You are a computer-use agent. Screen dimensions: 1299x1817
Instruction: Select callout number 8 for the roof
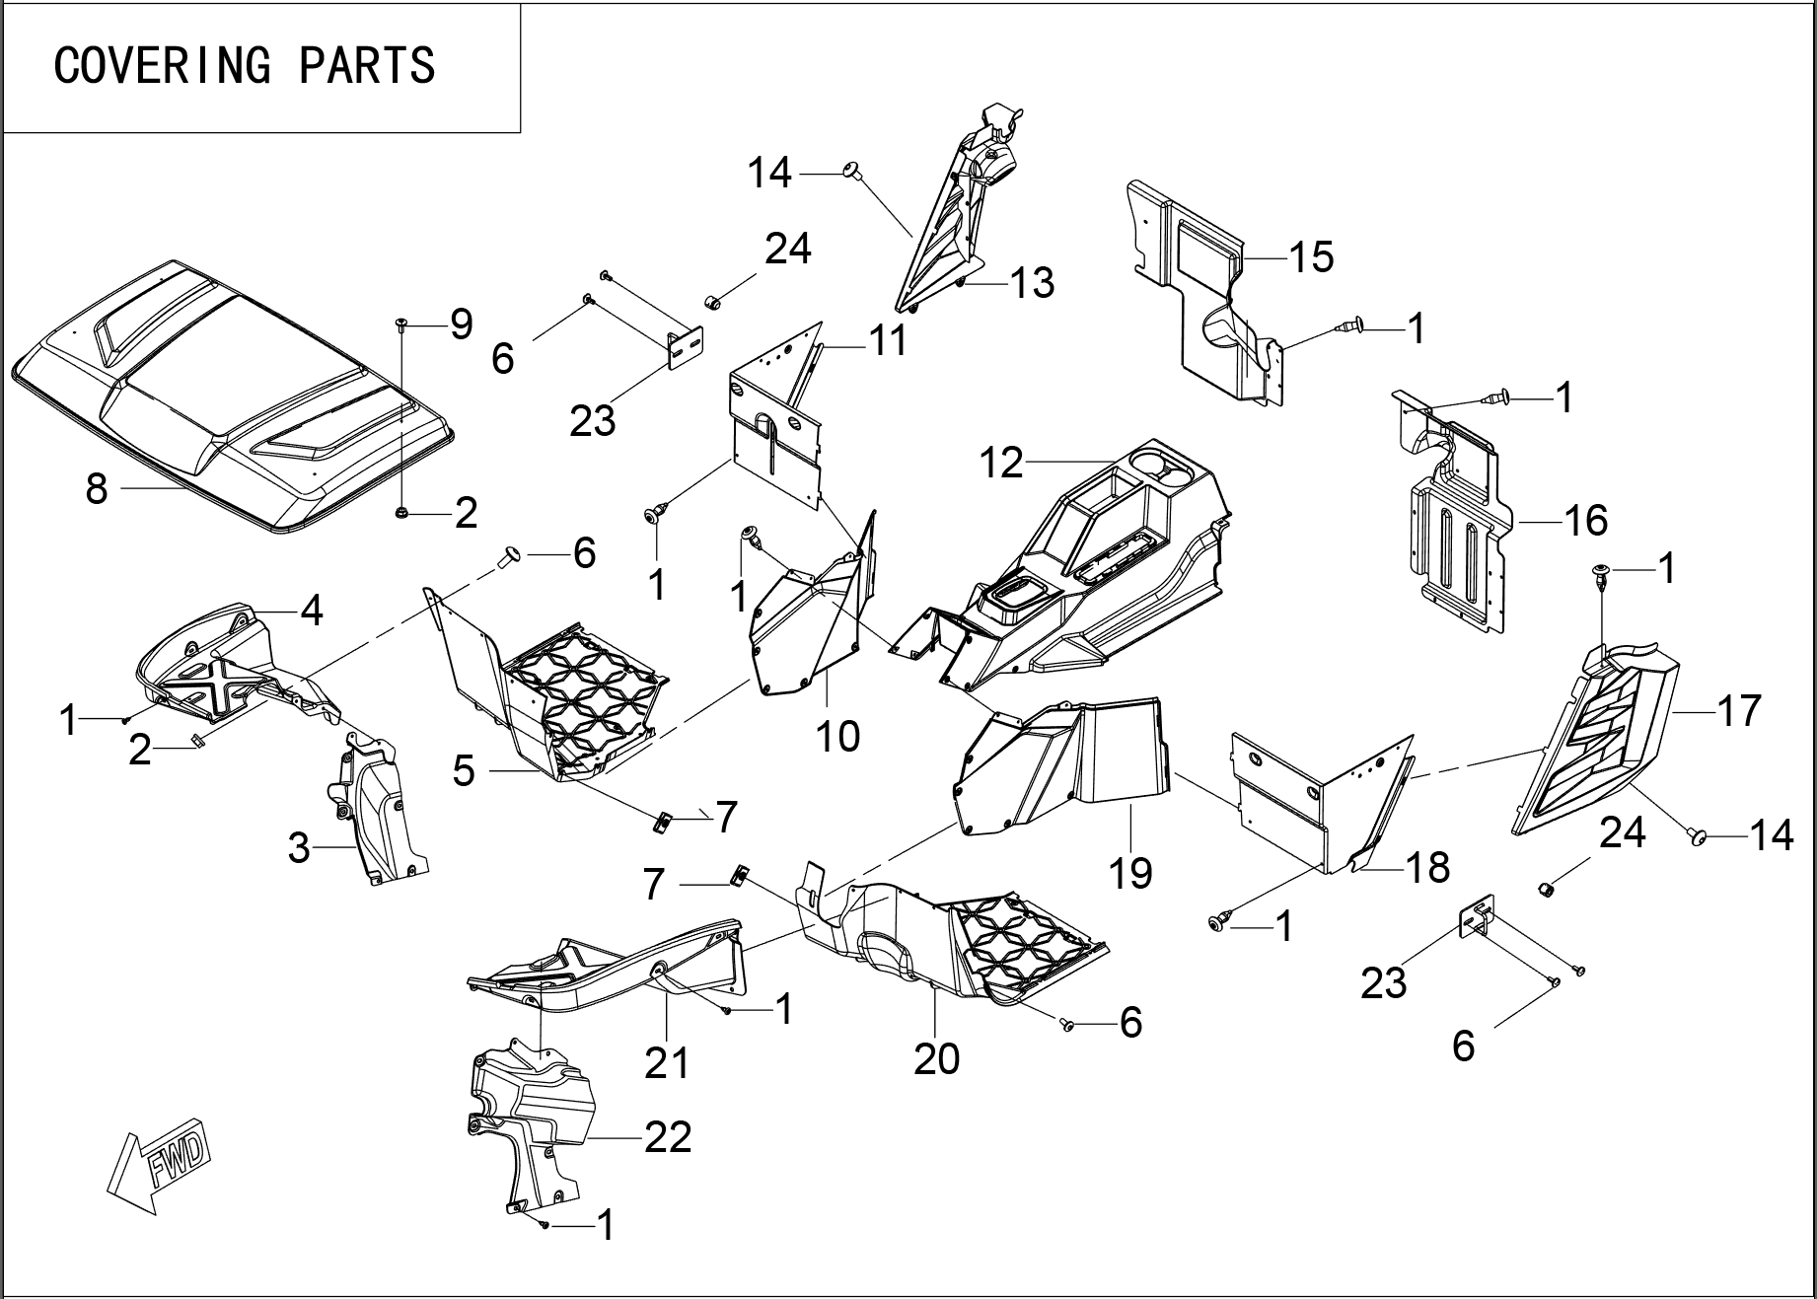point(96,487)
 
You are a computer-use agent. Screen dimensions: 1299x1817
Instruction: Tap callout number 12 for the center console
point(1001,463)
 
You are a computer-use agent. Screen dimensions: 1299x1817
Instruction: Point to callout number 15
point(1311,256)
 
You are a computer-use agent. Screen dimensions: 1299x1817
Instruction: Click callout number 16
point(1585,520)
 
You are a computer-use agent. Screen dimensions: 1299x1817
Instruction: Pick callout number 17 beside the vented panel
point(1738,710)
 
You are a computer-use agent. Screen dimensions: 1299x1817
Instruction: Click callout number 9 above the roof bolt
point(461,324)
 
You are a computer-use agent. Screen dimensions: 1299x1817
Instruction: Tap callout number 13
point(1032,283)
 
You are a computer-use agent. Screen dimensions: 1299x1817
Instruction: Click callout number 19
point(1130,872)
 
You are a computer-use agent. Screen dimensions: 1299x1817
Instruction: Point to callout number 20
point(936,1058)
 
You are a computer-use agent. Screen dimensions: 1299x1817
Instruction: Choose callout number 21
point(667,1063)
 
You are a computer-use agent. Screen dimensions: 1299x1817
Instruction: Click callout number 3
point(299,847)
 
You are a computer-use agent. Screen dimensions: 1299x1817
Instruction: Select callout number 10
point(838,736)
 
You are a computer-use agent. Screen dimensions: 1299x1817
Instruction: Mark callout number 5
point(464,770)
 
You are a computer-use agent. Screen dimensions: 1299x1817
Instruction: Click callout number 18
point(1426,867)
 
